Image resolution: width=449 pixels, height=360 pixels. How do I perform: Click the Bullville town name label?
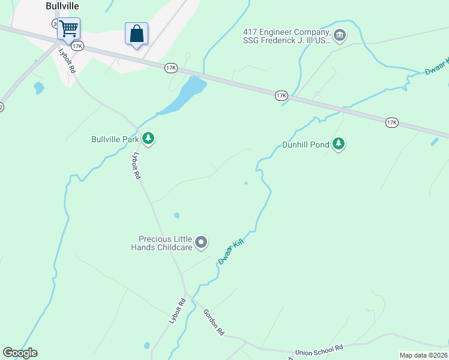pyautogui.click(x=62, y=6)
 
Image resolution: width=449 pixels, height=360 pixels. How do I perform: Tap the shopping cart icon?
pyautogui.click(x=68, y=28)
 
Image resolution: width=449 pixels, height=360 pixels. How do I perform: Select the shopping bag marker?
pyautogui.click(x=136, y=34)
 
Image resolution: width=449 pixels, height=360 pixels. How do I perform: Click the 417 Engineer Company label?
pyautogui.click(x=286, y=36)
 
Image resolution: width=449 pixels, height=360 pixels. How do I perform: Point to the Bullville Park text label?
pyautogui.click(x=115, y=139)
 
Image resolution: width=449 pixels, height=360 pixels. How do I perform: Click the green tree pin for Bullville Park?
pyautogui.click(x=148, y=139)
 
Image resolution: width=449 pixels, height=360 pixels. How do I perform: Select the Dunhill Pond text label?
pyautogui.click(x=306, y=145)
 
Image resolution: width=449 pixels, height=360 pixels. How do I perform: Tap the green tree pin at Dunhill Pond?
pyautogui.click(x=339, y=144)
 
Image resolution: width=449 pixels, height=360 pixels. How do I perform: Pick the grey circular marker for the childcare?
pyautogui.click(x=201, y=242)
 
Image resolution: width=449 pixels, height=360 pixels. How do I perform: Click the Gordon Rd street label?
pyautogui.click(x=214, y=322)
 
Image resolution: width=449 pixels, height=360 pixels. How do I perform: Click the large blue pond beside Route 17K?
pyautogui.click(x=185, y=95)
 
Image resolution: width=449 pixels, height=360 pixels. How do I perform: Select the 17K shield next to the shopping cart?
pyautogui.click(x=76, y=46)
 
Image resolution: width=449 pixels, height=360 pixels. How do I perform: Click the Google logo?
pyautogui.click(x=20, y=353)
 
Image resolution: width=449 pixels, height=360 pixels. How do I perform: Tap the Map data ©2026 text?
pyautogui.click(x=423, y=355)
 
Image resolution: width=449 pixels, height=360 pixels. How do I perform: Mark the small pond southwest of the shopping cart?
pyautogui.click(x=39, y=88)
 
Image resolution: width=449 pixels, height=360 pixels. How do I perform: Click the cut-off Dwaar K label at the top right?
pyautogui.click(x=436, y=66)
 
